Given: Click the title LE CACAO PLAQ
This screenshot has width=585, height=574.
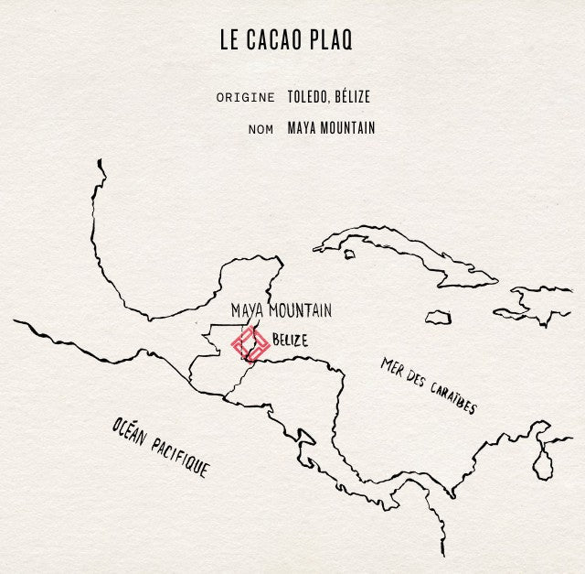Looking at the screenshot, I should pyautogui.click(x=285, y=41).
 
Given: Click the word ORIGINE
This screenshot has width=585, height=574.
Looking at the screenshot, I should pyautogui.click(x=245, y=97).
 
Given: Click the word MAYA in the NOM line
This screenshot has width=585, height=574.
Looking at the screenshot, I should pyautogui.click(x=301, y=128).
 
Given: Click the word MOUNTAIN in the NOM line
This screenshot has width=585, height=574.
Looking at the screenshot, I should pyautogui.click(x=346, y=128).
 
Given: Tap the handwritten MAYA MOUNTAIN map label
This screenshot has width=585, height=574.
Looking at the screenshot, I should pyautogui.click(x=281, y=310).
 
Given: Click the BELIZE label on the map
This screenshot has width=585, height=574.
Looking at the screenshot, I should pyautogui.click(x=290, y=340).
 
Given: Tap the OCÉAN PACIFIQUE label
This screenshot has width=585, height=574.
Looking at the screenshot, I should pyautogui.click(x=160, y=449).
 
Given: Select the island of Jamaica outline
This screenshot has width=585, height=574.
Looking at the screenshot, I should pyautogui.click(x=438, y=317).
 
